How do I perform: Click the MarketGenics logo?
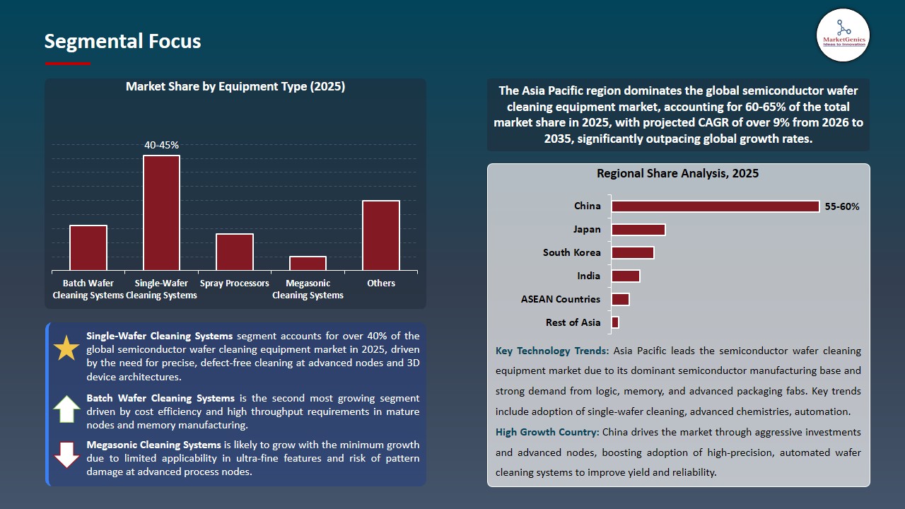point(843,35)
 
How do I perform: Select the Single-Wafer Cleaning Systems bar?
point(161,213)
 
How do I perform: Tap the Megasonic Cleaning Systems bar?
point(308,263)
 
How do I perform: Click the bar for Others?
point(381,235)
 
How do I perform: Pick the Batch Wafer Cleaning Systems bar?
point(88,247)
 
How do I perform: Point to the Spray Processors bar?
point(235,252)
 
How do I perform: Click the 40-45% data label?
point(161,145)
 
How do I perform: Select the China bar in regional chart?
point(715,206)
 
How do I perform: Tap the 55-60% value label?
point(842,206)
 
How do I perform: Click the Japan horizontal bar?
point(638,229)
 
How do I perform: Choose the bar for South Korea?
point(633,252)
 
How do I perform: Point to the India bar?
point(626,276)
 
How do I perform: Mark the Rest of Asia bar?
point(615,322)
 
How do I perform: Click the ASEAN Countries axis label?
point(561,299)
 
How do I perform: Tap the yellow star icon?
point(66,348)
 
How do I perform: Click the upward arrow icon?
point(66,409)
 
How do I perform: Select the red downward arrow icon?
point(66,455)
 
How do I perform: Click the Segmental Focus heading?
point(122,41)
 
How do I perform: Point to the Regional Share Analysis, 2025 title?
point(677,173)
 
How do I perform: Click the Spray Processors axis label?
point(235,283)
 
